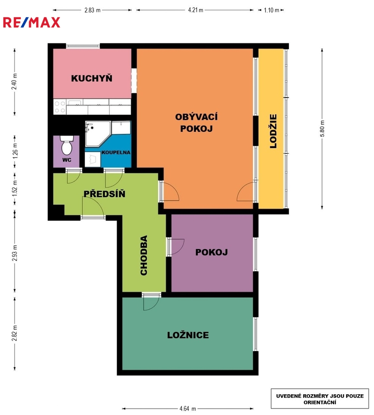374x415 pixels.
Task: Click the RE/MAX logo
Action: pos(31,23)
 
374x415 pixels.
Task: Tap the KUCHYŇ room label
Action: pos(92,78)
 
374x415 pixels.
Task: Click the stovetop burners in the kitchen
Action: pos(60,107)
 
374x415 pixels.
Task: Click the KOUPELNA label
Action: pos(116,153)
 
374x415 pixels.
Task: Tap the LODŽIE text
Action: pos(273,131)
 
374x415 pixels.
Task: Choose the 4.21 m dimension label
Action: pos(195,10)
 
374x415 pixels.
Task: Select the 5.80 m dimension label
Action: pos(322,129)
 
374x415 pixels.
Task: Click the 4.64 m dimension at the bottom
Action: pos(188,408)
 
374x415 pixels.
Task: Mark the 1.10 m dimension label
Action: pos(271,10)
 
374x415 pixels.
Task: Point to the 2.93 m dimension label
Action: pos(15,253)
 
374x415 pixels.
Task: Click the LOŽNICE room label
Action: pos(188,335)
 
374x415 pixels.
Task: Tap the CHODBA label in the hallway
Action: pos(144,256)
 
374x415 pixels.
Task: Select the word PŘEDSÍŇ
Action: pos(104,194)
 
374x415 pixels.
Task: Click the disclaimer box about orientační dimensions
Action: pos(320,398)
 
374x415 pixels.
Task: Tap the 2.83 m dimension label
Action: pos(92,10)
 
